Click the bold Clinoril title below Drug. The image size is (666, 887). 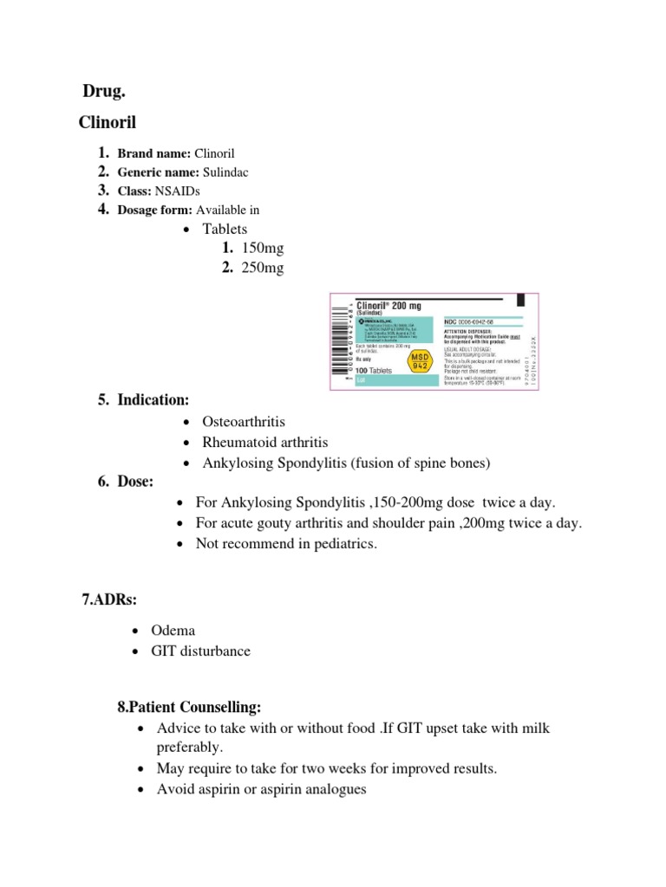coord(108,122)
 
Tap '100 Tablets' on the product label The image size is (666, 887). coord(374,370)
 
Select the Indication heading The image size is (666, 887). coord(153,399)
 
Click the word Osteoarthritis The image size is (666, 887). coord(244,420)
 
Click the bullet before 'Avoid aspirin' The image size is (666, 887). coord(140,790)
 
